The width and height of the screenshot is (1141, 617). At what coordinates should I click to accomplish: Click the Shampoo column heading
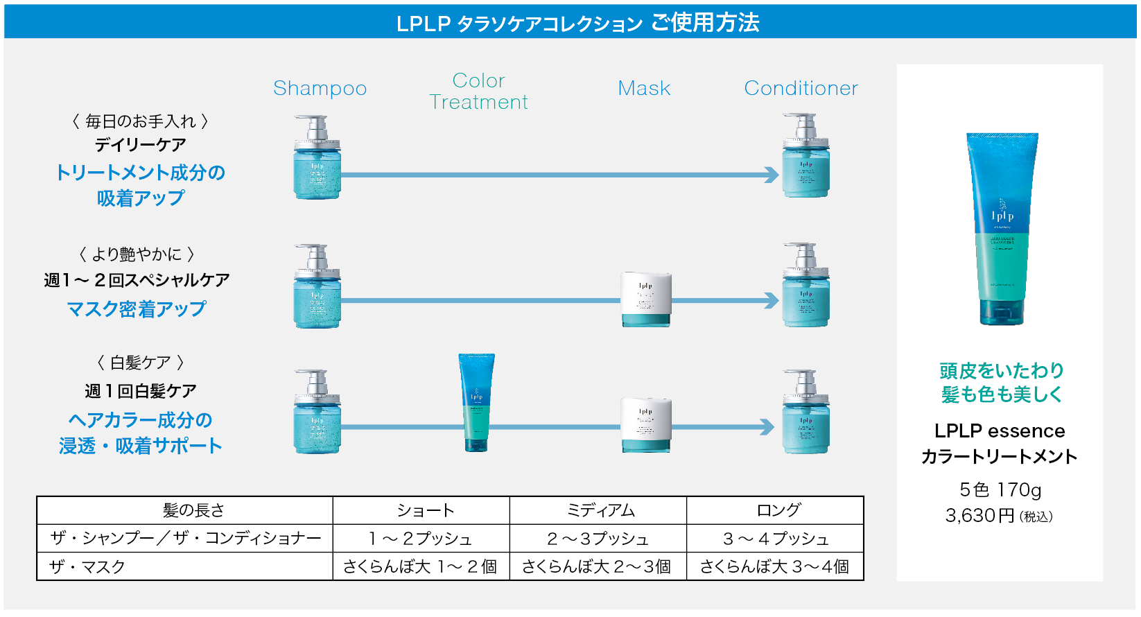pos(320,89)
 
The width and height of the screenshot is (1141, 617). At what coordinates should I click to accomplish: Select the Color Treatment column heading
pos(478,92)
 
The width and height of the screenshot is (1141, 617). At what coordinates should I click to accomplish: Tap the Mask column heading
pos(644,89)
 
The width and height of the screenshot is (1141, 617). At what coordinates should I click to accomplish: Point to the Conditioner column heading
pos(801,89)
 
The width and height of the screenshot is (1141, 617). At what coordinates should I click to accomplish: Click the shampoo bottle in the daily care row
pos(317,158)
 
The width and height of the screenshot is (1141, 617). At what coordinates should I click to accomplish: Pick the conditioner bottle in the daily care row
pos(805,157)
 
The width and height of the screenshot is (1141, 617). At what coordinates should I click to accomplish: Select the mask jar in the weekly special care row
pos(646,299)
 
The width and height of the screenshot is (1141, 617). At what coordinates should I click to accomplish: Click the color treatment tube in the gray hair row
pos(476,402)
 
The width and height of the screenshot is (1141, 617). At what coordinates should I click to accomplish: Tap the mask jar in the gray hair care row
pos(646,424)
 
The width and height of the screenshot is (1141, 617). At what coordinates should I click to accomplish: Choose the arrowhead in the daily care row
pos(772,175)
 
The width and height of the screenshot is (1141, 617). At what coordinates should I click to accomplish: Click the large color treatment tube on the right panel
pos(1002,229)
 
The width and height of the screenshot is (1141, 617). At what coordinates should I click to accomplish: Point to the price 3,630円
pos(979,516)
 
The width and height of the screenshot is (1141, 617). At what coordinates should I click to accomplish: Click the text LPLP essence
pos(999,431)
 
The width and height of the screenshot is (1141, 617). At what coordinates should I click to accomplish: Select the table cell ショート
pos(425,511)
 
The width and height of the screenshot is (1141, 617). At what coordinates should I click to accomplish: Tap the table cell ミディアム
pos(600,511)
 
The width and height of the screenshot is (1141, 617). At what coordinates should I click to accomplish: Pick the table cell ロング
pos(778,511)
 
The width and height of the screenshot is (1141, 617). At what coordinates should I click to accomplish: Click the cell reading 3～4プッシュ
pos(776,539)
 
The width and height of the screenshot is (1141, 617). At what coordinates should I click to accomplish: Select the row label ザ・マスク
pos(87,567)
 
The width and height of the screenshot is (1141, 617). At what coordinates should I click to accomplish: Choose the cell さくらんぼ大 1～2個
pos(420,567)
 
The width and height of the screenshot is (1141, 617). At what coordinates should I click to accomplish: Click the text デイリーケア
pos(140,145)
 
